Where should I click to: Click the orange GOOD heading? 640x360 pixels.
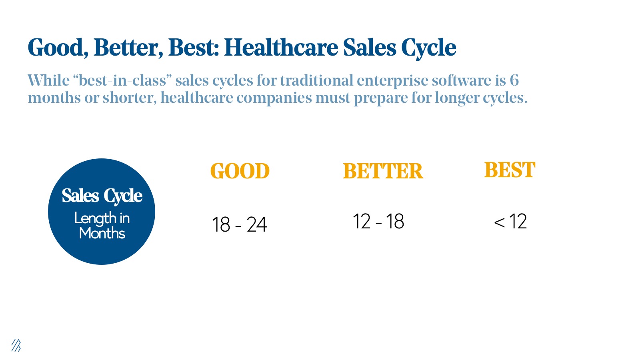coord(240,171)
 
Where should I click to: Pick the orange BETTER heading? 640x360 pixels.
coord(383,171)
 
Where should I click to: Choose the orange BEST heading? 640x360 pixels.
coord(510,170)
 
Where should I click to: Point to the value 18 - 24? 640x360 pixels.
coord(239,224)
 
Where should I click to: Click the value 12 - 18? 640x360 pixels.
coord(378,222)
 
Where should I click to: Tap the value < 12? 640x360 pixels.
coord(510,222)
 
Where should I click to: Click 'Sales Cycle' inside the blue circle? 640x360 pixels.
coord(102,196)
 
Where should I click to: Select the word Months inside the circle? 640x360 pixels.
coord(102,233)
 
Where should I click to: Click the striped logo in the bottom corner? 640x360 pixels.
coord(16,345)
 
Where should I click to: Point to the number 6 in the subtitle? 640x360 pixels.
coord(514,80)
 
